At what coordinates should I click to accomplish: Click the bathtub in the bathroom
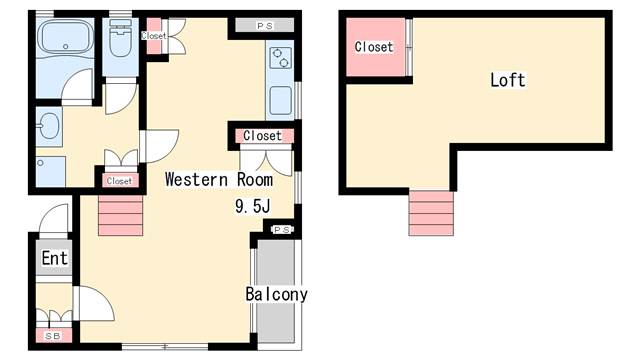tap(66, 36)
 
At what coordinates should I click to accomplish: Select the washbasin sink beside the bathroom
tap(49, 126)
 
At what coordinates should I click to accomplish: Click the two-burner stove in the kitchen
tap(280, 58)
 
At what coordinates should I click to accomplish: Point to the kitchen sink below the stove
tap(280, 100)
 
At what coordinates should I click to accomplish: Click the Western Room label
tap(219, 180)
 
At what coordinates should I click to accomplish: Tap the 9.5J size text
tap(253, 206)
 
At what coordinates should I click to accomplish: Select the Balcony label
tap(276, 294)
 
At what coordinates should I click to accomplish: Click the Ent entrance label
tap(54, 258)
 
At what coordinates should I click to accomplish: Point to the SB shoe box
tap(53, 336)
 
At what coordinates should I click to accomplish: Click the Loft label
tap(508, 80)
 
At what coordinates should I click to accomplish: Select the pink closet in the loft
tap(376, 47)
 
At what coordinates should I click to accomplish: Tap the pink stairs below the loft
tap(431, 213)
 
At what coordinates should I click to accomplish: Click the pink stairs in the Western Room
tap(120, 216)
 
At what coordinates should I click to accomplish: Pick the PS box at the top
tap(264, 25)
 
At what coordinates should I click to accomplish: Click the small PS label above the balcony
tap(282, 230)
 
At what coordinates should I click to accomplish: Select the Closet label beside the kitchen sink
tap(262, 136)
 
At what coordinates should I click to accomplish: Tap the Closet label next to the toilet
tap(154, 36)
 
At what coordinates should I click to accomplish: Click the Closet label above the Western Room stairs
tap(119, 181)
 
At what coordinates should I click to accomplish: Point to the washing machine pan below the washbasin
tap(51, 171)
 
